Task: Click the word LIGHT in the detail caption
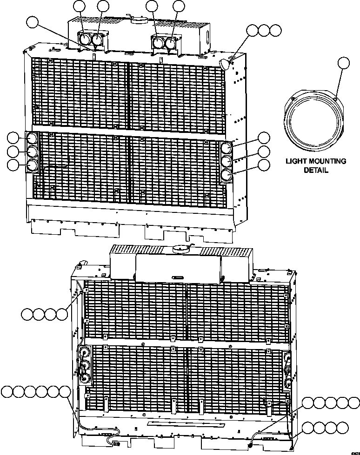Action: coord(299,162)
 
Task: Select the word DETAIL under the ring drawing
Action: coord(316,170)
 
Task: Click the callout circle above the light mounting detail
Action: coord(343,63)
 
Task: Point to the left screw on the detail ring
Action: coord(293,99)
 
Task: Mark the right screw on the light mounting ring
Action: coord(335,97)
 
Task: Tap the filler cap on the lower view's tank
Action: coord(179,249)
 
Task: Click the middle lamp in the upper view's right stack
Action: coord(226,162)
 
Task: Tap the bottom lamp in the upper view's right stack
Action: coord(226,175)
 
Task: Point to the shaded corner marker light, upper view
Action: coord(226,64)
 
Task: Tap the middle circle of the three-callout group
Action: coord(265,31)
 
